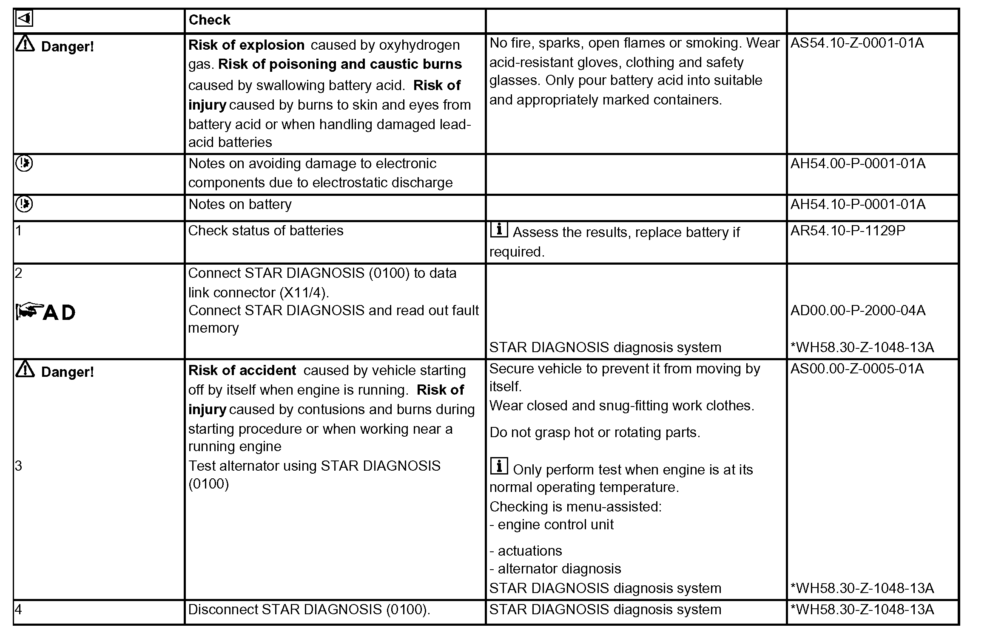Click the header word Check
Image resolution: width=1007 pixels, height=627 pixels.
[x=209, y=20]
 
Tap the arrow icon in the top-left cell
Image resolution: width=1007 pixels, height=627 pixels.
[x=24, y=19]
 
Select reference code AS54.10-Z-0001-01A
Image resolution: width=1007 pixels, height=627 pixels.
[x=857, y=43]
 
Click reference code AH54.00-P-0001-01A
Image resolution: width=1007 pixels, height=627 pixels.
[x=858, y=164]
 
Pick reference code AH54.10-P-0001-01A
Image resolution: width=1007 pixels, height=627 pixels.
[x=858, y=204]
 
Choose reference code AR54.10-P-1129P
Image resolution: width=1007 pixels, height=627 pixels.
[x=848, y=231]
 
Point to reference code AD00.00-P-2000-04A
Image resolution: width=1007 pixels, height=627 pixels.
[x=858, y=311]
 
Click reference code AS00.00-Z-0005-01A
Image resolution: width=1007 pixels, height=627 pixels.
[x=857, y=369]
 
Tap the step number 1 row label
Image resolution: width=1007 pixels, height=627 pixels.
[x=19, y=231]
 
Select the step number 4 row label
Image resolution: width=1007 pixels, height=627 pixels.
[x=19, y=610]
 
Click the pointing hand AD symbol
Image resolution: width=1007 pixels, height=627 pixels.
[x=46, y=312]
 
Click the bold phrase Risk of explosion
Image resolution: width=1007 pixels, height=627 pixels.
[x=246, y=45]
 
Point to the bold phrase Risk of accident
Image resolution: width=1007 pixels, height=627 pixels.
[x=242, y=370]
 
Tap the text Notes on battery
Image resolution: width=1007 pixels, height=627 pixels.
[x=240, y=204]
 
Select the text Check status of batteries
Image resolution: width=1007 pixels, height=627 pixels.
[x=265, y=231]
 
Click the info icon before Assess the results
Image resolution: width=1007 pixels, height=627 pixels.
[x=499, y=229]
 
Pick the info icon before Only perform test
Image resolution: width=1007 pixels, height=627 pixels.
[x=499, y=466]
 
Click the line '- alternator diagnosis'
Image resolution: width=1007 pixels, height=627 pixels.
[x=555, y=569]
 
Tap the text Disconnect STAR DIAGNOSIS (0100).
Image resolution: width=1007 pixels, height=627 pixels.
[x=309, y=610]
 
